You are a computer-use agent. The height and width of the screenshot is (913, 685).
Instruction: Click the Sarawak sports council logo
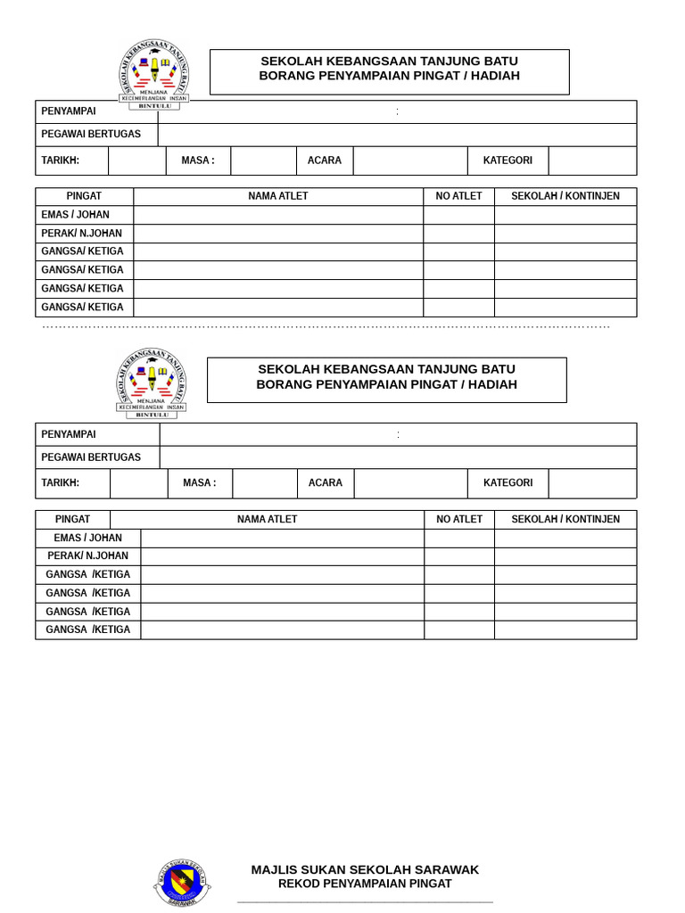pyautogui.click(x=183, y=883)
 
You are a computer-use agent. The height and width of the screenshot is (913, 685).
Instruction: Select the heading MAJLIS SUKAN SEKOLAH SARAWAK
pyautogui.click(x=365, y=869)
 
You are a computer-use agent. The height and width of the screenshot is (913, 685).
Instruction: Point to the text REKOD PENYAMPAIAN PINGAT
pyautogui.click(x=365, y=884)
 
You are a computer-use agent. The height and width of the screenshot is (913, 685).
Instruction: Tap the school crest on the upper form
pyautogui.click(x=153, y=74)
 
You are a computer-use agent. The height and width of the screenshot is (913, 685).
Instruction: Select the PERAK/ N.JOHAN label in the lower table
pyautogui.click(x=87, y=556)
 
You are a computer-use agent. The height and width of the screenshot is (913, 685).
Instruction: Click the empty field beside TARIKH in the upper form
pyautogui.click(x=137, y=160)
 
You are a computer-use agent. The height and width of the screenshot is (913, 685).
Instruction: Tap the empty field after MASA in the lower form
pyautogui.click(x=264, y=483)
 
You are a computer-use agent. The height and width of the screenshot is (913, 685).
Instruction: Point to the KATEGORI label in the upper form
pyautogui.click(x=508, y=160)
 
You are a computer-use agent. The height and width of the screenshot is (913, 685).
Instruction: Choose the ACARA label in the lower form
pyautogui.click(x=326, y=483)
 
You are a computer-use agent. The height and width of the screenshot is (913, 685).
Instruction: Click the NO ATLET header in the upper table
pyautogui.click(x=458, y=196)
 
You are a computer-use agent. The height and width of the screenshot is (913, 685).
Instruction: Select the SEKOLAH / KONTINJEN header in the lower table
pyautogui.click(x=565, y=520)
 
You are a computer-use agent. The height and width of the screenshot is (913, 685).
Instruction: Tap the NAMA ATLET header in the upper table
pyautogui.click(x=278, y=196)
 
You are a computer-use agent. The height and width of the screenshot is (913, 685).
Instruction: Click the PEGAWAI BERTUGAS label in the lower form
pyautogui.click(x=91, y=457)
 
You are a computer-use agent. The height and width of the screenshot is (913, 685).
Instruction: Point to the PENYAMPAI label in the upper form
pyautogui.click(x=69, y=111)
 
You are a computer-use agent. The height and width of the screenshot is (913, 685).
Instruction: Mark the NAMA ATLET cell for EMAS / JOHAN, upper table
pyautogui.click(x=278, y=215)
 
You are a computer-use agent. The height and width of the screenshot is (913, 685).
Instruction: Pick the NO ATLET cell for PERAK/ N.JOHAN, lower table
pyautogui.click(x=459, y=556)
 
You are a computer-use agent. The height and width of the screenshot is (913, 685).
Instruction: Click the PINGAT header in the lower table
pyautogui.click(x=72, y=520)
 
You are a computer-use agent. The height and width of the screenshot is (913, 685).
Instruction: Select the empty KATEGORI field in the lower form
pyautogui.click(x=592, y=483)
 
